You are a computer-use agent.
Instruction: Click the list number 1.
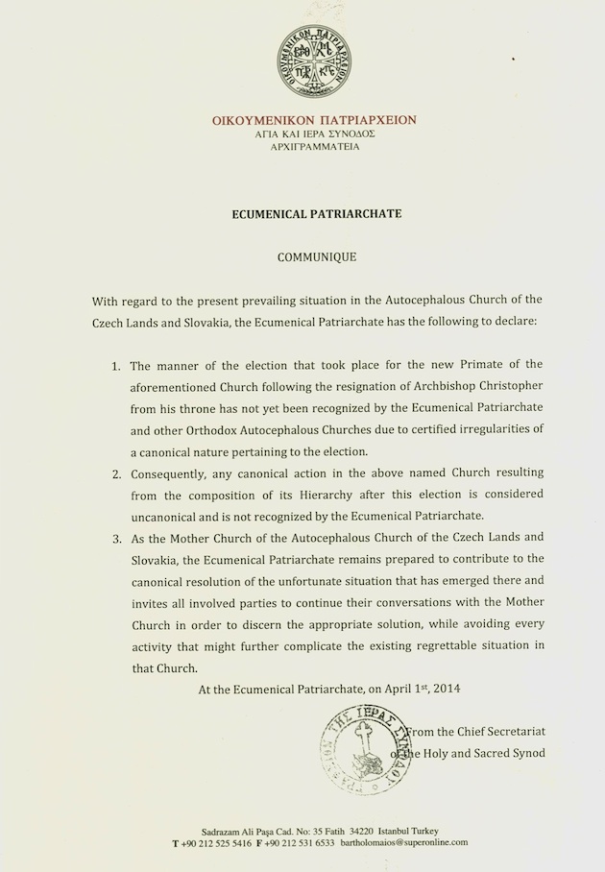(x=113, y=364)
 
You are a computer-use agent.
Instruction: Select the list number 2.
(x=113, y=473)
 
